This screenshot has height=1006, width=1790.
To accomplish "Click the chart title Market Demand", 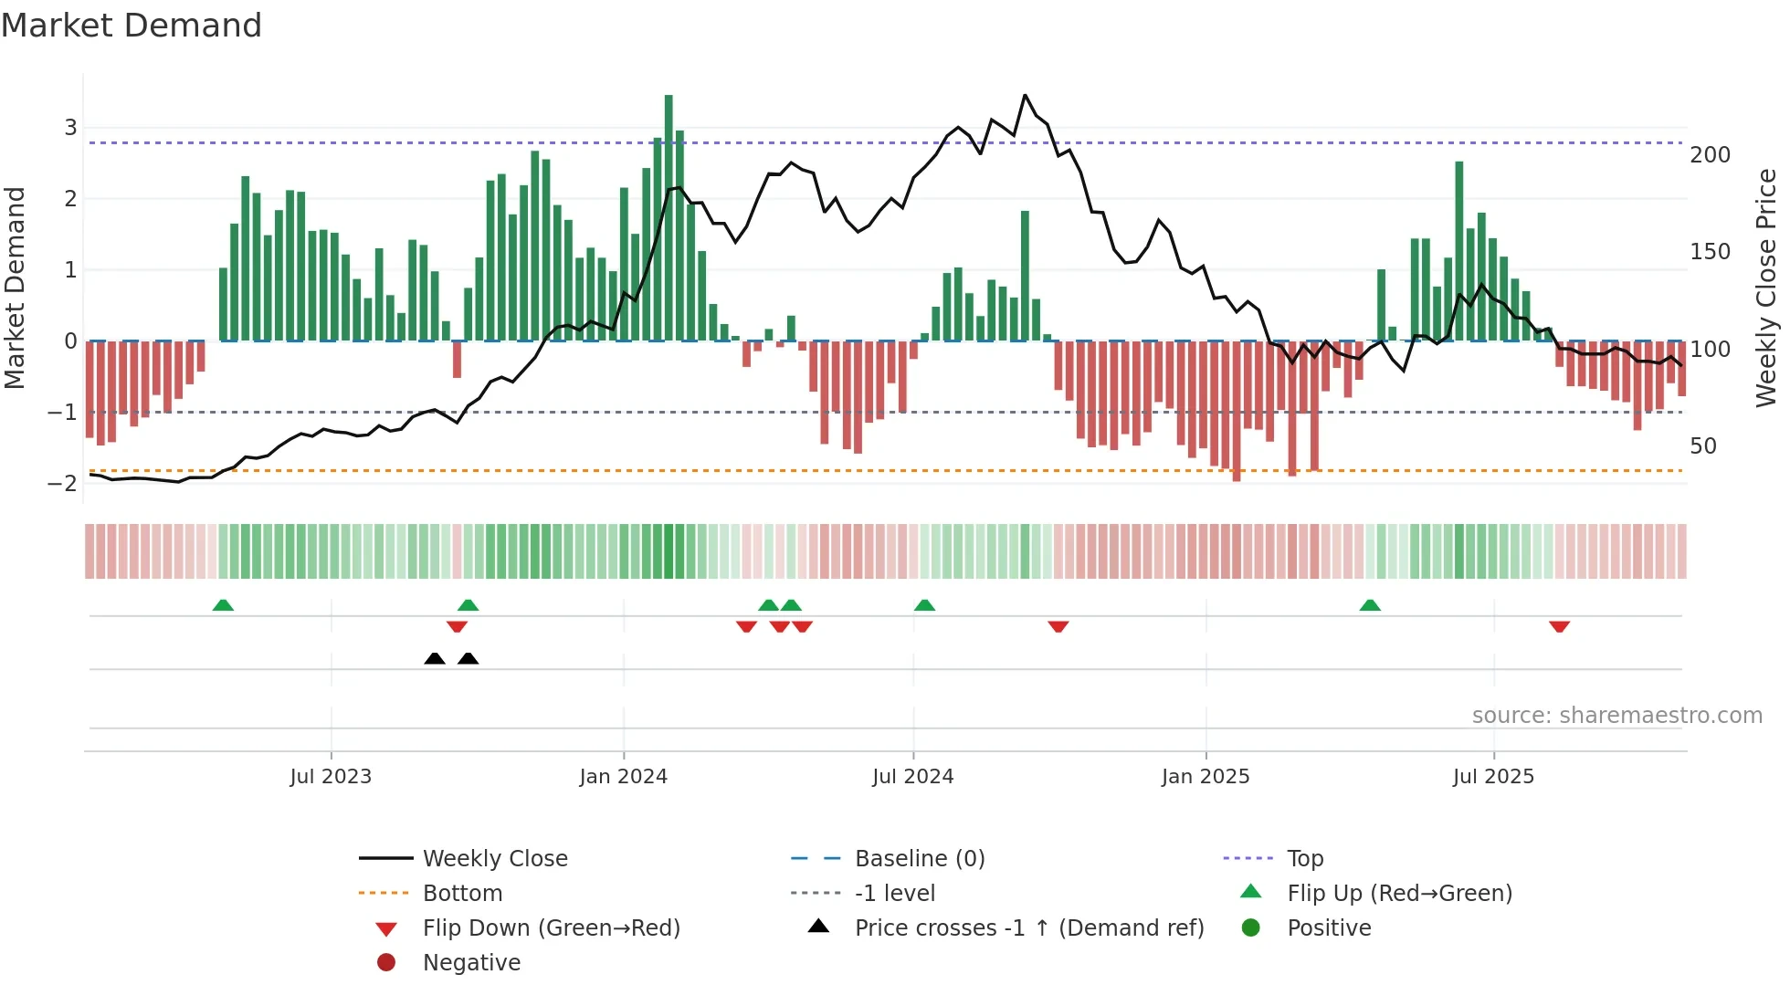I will click(x=132, y=26).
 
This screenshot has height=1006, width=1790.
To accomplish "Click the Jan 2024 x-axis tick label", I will click(x=623, y=777).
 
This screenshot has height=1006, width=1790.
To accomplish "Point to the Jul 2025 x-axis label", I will click(x=1493, y=777).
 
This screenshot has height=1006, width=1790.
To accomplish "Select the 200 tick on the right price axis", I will click(x=1710, y=155).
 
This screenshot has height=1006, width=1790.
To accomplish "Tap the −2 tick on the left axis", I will click(x=63, y=483).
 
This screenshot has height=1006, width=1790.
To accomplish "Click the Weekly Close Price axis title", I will click(x=1766, y=288).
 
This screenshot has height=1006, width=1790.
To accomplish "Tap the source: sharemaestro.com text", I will click(x=1616, y=716).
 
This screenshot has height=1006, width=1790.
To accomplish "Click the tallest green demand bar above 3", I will click(x=669, y=219).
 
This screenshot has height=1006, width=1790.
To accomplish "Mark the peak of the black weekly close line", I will click(x=1025, y=96).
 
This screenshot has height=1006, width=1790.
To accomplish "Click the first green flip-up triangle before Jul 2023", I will click(x=223, y=605).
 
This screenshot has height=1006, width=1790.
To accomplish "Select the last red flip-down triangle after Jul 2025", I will click(x=1559, y=626).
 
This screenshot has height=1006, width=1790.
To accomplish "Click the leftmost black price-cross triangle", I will click(x=435, y=658).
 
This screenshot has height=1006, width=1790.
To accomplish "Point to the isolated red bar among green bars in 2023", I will click(x=457, y=360).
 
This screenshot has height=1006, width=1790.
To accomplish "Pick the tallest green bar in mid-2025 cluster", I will click(x=1459, y=251).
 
